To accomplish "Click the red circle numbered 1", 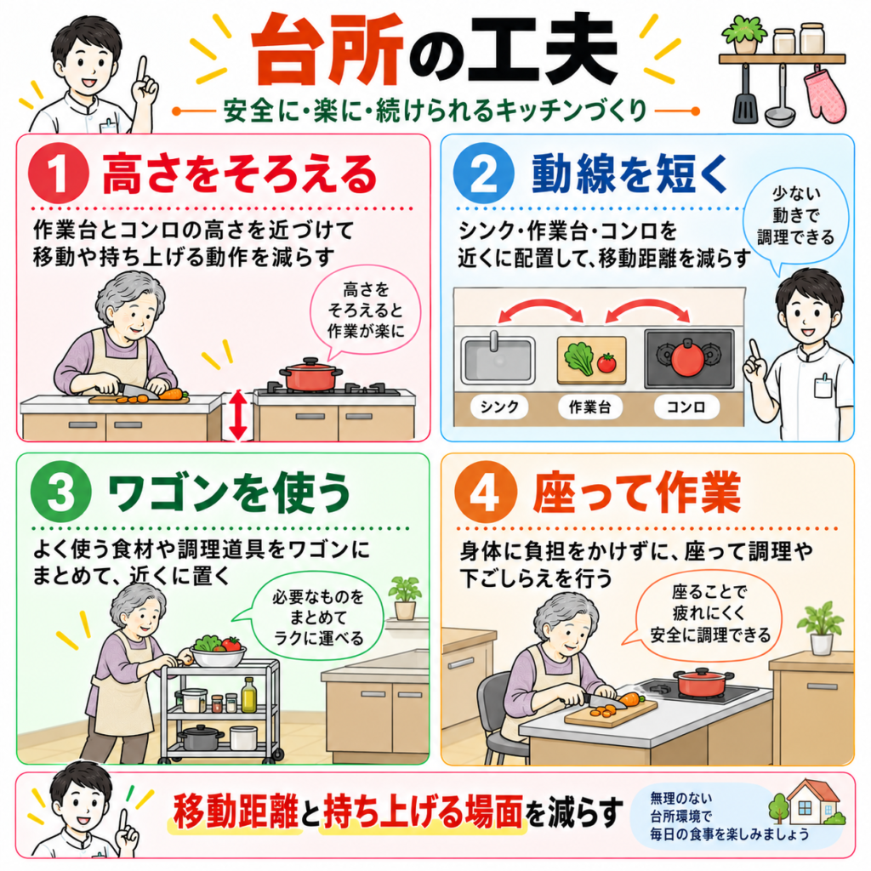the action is point(59,174).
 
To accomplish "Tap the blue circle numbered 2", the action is point(483,174).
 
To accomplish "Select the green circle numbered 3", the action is point(61,492).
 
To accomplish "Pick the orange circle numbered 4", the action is point(486,492).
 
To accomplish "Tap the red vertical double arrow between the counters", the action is point(238,415).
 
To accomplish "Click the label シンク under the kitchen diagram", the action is point(498,407).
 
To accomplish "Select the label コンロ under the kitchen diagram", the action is point(686,407).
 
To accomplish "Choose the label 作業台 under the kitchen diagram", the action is point(590,407).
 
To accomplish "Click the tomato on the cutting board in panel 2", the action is point(607,362).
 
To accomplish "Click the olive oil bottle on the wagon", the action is point(249,695).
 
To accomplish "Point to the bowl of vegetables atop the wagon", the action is point(219,652).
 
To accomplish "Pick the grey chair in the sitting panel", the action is point(496,716).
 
